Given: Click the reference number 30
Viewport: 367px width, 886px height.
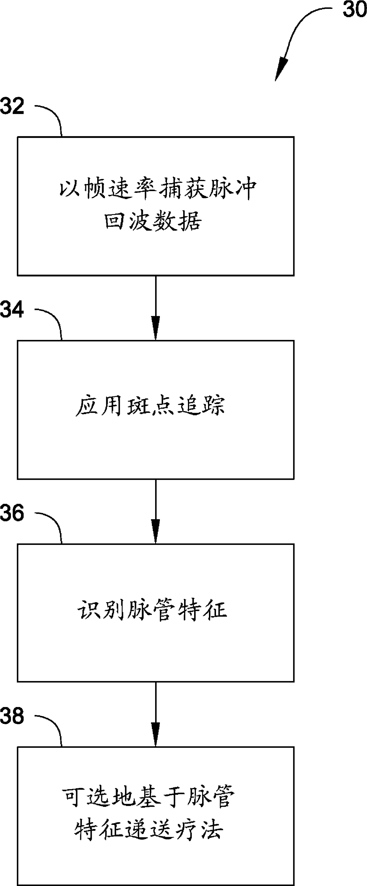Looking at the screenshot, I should click(x=354, y=9).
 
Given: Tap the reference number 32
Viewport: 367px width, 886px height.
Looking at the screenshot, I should click(x=12, y=106).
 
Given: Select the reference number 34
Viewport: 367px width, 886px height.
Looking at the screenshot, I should click(x=12, y=309).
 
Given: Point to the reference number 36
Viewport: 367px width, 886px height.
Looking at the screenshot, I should click(x=12, y=512).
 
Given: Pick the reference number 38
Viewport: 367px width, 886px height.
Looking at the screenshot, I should click(x=12, y=716).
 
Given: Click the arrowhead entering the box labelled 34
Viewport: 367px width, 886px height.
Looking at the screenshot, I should click(x=156, y=330).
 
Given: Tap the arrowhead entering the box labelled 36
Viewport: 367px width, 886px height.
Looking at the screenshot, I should click(x=156, y=533).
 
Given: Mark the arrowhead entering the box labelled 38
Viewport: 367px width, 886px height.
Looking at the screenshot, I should click(x=156, y=736).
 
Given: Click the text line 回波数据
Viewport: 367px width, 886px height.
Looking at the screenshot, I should click(x=153, y=220).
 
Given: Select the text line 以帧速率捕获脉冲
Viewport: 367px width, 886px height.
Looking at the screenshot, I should click(x=157, y=189).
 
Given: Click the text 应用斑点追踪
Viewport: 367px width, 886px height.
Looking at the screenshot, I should click(x=150, y=406).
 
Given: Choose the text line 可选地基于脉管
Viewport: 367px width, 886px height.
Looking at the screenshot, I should click(x=148, y=797).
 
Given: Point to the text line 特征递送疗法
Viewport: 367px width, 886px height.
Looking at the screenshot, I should click(x=149, y=829).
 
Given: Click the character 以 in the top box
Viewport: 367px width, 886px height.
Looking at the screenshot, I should click(x=68, y=189).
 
